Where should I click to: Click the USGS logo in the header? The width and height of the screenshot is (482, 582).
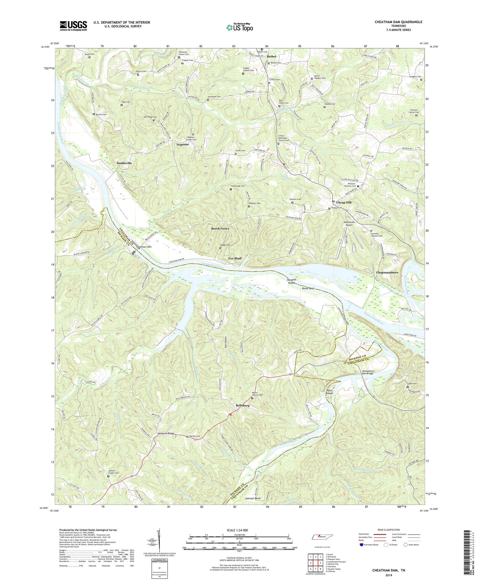point(73,26)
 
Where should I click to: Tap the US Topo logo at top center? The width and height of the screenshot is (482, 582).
point(239,28)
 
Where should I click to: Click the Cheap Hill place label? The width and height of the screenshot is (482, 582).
point(344,202)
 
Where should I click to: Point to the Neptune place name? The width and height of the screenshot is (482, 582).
point(183,144)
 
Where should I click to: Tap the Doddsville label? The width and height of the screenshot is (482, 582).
point(124,163)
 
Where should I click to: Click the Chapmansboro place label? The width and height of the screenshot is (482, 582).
point(387,272)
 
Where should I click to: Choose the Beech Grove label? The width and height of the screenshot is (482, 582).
point(220,229)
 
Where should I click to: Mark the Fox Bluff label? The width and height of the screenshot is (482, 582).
point(235,258)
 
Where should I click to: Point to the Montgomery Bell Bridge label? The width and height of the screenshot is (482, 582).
point(368,372)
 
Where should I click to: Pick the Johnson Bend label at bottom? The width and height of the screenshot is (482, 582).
point(253,498)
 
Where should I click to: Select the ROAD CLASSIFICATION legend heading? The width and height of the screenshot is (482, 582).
point(388,530)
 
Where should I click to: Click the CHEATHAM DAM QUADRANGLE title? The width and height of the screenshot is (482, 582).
point(398,22)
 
